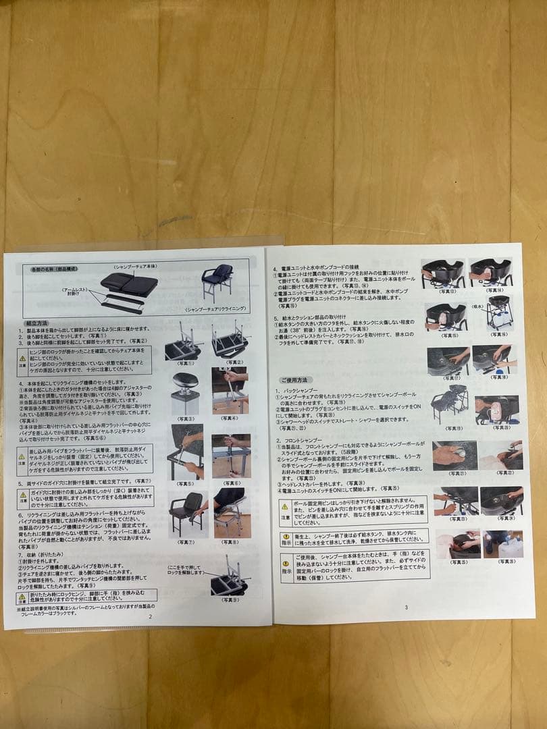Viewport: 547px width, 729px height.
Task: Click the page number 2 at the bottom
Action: (x=150, y=616)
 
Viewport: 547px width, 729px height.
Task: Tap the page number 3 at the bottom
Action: (x=406, y=607)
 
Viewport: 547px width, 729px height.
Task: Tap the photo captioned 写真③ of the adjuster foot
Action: (x=185, y=392)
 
